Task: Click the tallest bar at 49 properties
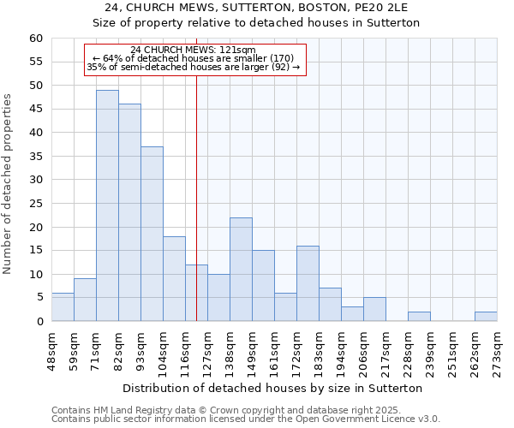click(107, 205)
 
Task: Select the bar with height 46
click(129, 212)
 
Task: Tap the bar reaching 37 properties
click(152, 234)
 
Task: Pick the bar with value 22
click(241, 269)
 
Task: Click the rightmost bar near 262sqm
click(486, 317)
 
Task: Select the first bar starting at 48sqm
click(63, 307)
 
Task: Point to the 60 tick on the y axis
click(36, 39)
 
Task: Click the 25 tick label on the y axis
click(36, 204)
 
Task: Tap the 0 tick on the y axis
click(39, 322)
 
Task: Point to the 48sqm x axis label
click(51, 349)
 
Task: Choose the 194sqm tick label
click(341, 349)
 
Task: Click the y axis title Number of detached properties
click(8, 184)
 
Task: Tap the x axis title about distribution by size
click(274, 388)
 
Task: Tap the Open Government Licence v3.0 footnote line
click(246, 419)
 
